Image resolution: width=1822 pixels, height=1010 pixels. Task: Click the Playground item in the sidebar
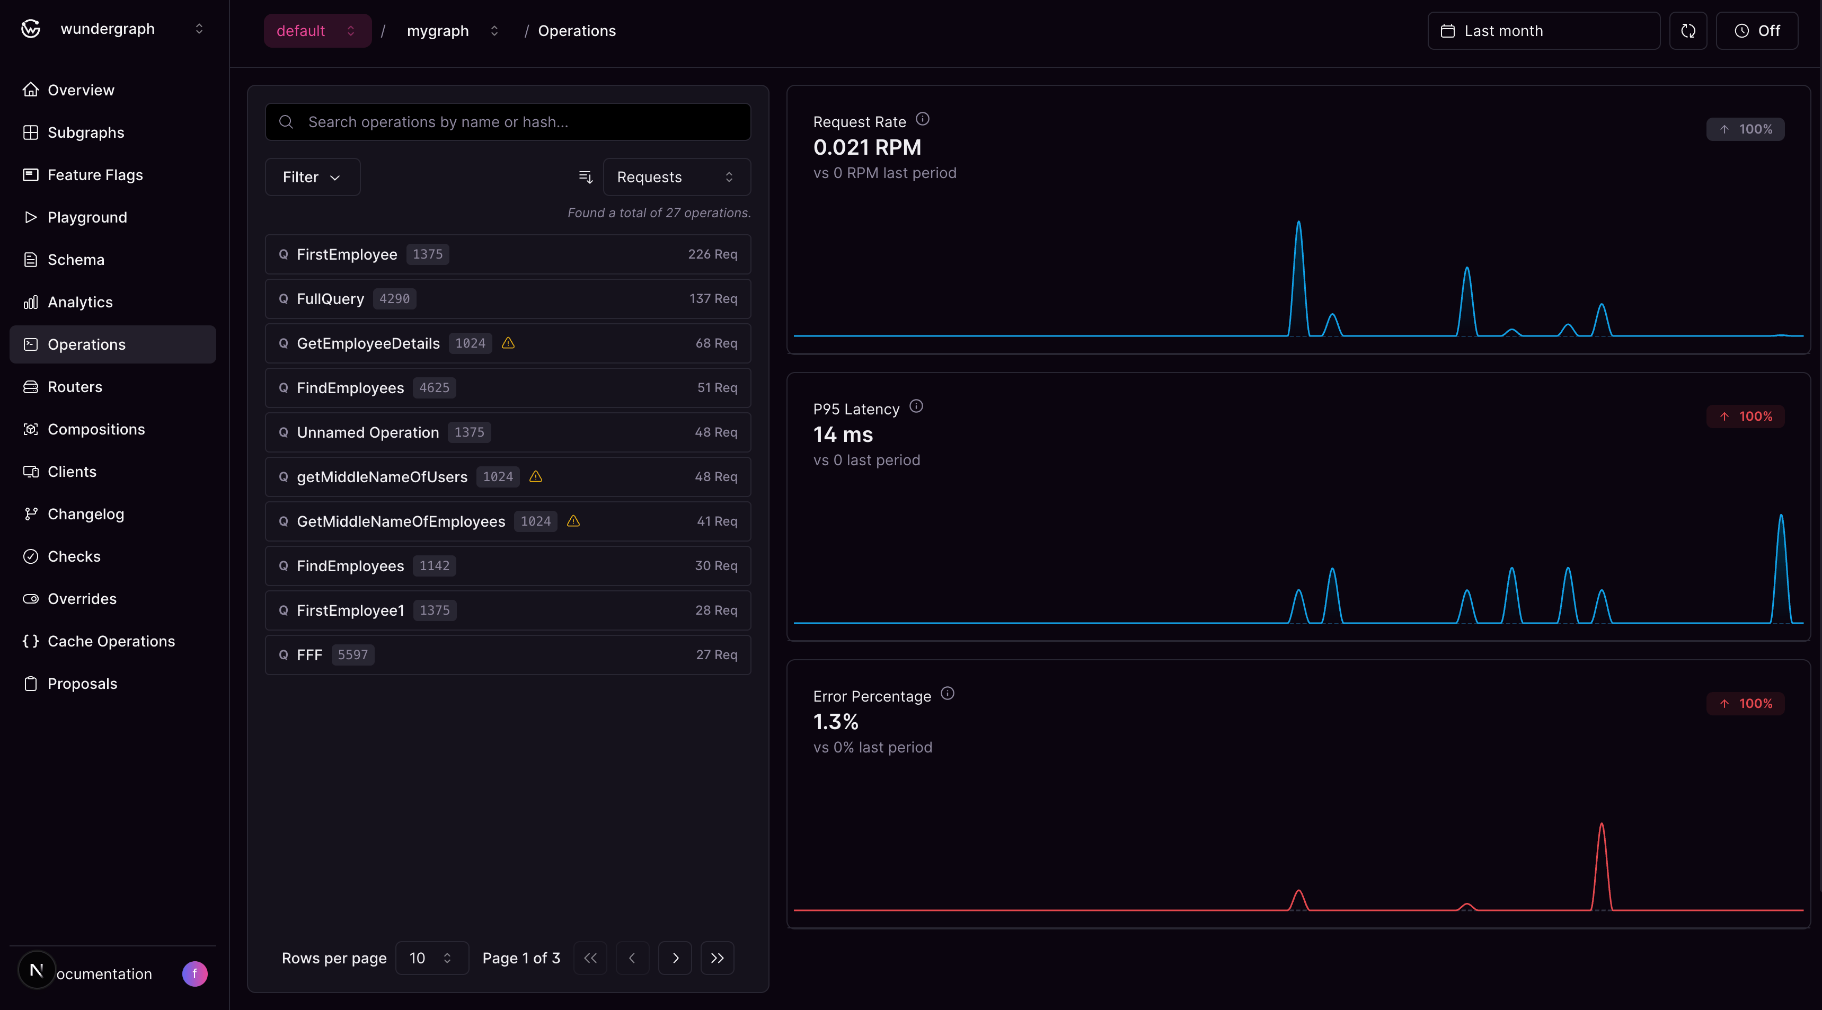tap(87, 217)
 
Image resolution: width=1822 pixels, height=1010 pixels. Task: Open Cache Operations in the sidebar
tap(111, 641)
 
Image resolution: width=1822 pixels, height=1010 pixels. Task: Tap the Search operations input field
tap(508, 122)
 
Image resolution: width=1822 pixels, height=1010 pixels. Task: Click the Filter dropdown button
tap(312, 177)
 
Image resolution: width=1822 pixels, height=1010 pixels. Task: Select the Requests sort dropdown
tap(676, 177)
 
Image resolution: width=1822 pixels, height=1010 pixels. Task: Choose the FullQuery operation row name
tap(330, 298)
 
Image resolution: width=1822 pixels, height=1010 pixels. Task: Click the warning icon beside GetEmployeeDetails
tap(508, 343)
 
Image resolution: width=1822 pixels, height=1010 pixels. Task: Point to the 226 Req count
tap(712, 254)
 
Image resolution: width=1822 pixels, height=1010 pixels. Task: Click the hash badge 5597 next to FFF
tap(352, 654)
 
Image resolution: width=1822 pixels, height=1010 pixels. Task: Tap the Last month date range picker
tap(1543, 30)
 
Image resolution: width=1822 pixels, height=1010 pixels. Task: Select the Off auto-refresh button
tap(1757, 30)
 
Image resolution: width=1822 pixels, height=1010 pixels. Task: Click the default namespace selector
tap(317, 30)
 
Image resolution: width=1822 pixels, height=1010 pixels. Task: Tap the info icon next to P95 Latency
tap(916, 406)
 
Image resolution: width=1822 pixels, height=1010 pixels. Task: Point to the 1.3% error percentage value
tap(835, 721)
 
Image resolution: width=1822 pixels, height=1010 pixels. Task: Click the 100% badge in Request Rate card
tap(1745, 129)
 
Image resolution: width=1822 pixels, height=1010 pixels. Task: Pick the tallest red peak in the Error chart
tap(1602, 825)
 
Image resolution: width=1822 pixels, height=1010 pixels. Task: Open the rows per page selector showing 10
tap(431, 958)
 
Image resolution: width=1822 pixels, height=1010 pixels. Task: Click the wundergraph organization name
tap(108, 28)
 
